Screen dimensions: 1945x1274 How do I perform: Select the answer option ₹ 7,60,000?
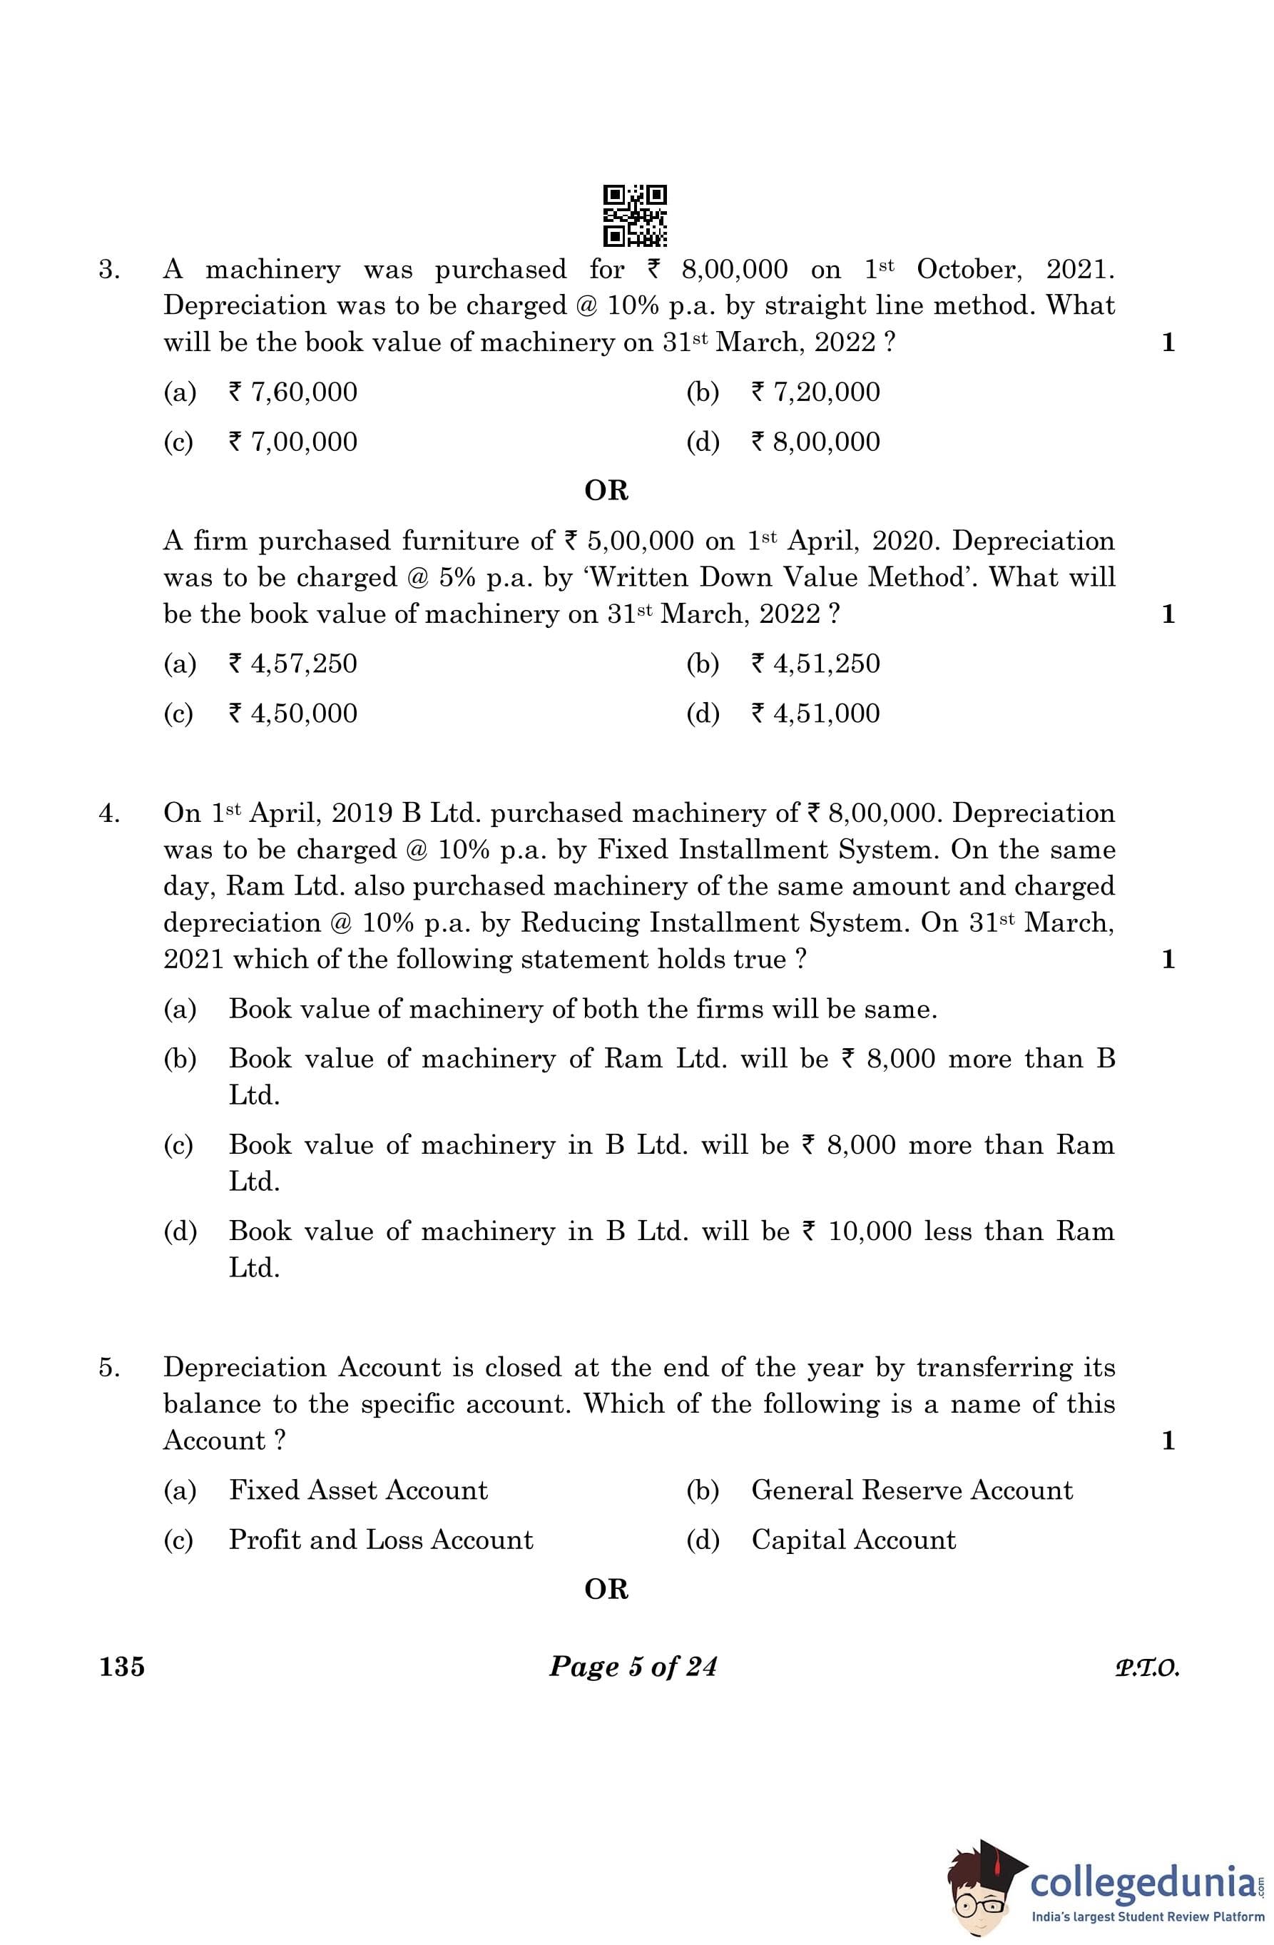[292, 392]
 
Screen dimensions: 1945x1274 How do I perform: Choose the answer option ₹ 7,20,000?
[815, 392]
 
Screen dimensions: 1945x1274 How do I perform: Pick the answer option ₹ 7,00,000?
[292, 442]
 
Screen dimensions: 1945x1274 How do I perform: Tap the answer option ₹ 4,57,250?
[292, 664]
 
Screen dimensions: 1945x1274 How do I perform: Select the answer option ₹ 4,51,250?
[815, 664]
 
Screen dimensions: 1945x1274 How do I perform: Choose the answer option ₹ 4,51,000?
[815, 713]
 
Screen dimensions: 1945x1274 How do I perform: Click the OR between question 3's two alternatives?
[606, 491]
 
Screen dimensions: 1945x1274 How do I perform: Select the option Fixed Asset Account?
[358, 1490]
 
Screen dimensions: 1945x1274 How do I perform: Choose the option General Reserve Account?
[911, 1490]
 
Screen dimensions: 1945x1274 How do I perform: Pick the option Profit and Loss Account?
[381, 1540]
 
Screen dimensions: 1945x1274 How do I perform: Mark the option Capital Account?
[853, 1540]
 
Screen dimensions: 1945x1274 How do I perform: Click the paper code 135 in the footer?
[122, 1666]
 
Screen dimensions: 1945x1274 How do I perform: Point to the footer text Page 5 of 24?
[633, 1666]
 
